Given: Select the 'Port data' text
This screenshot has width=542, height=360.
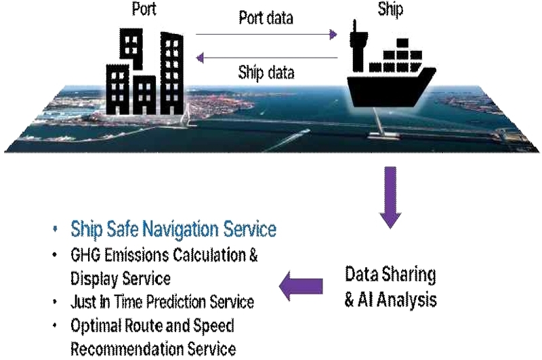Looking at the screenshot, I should (x=266, y=18).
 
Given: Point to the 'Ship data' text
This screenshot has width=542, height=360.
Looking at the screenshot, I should (x=266, y=73).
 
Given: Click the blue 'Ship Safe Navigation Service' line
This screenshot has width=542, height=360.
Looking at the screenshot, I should (x=173, y=229).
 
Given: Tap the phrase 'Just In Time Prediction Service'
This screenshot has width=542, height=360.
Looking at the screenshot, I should (x=163, y=302).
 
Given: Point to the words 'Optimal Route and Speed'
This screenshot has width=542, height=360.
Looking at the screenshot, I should (x=152, y=326).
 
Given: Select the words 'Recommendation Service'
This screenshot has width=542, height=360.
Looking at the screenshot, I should (x=153, y=349).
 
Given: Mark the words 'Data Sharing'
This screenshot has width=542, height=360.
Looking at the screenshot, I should (x=390, y=275).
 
